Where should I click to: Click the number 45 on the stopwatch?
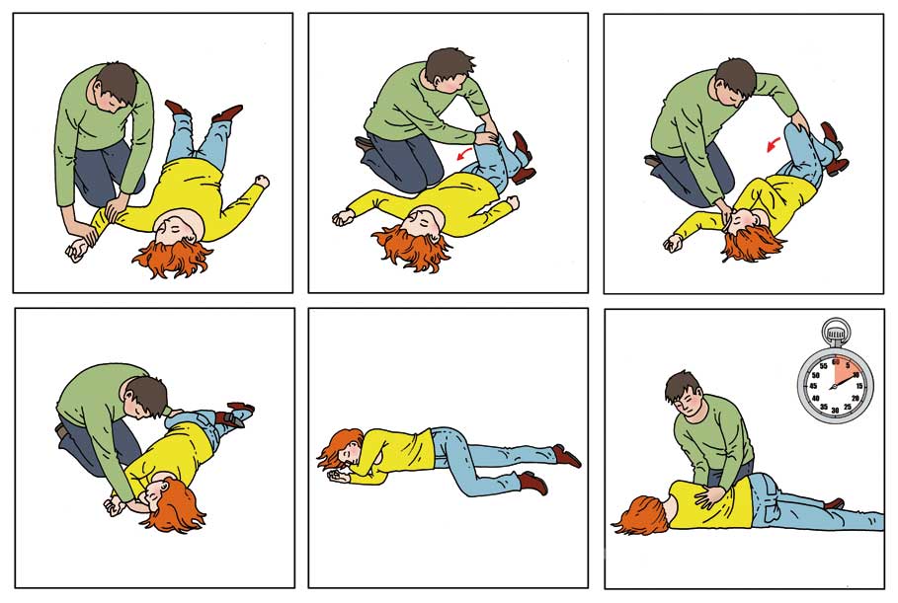point(812,386)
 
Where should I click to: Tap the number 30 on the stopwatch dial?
point(835,411)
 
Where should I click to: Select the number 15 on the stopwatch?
point(859,386)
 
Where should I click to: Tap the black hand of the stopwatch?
point(847,379)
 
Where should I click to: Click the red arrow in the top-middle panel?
point(464,153)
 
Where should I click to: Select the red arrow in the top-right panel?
point(774,145)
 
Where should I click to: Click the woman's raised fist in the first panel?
point(262,181)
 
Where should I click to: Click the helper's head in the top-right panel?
point(736,81)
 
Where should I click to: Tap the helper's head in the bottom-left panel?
point(146,396)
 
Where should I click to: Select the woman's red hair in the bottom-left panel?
point(175,507)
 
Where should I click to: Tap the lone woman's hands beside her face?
point(337,475)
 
